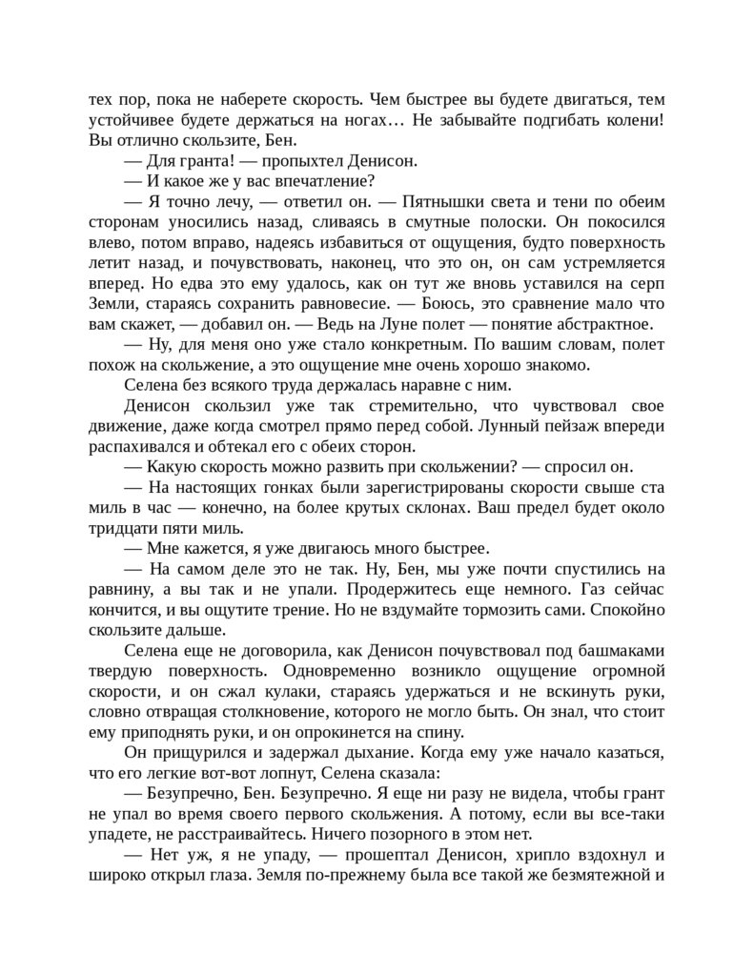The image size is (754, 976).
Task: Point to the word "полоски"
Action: point(507,223)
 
